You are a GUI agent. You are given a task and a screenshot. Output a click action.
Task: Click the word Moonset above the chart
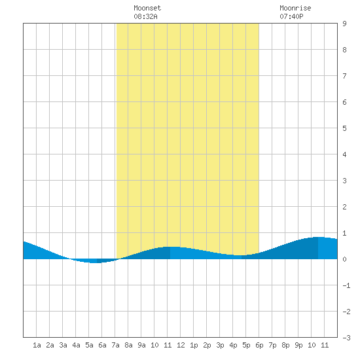click(147, 8)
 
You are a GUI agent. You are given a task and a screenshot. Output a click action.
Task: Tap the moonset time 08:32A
click(145, 16)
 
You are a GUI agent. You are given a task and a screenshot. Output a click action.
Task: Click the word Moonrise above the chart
click(295, 8)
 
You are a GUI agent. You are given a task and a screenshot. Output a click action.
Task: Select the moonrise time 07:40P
click(291, 16)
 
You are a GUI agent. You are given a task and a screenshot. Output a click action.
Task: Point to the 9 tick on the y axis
click(344, 24)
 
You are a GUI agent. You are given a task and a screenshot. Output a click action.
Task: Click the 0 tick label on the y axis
click(344, 259)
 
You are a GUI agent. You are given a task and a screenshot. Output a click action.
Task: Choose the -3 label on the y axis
click(346, 338)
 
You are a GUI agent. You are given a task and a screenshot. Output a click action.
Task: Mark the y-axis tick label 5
click(344, 128)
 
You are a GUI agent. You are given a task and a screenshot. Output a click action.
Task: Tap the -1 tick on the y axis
click(346, 285)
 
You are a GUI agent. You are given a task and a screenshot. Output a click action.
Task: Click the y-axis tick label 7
click(344, 76)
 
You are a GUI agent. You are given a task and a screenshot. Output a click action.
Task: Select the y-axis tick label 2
click(344, 207)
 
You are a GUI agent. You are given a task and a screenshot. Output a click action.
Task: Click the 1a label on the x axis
click(37, 345)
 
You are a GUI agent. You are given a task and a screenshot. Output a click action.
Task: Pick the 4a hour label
click(76, 345)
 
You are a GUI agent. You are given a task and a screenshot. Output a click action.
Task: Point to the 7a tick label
click(115, 345)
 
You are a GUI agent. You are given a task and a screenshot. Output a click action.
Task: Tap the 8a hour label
click(128, 345)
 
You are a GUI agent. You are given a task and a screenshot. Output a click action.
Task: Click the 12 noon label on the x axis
click(181, 345)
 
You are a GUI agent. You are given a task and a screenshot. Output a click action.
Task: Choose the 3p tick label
click(220, 345)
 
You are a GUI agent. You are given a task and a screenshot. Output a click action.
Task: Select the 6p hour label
click(259, 345)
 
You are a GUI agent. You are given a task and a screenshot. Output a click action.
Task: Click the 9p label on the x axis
click(298, 345)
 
